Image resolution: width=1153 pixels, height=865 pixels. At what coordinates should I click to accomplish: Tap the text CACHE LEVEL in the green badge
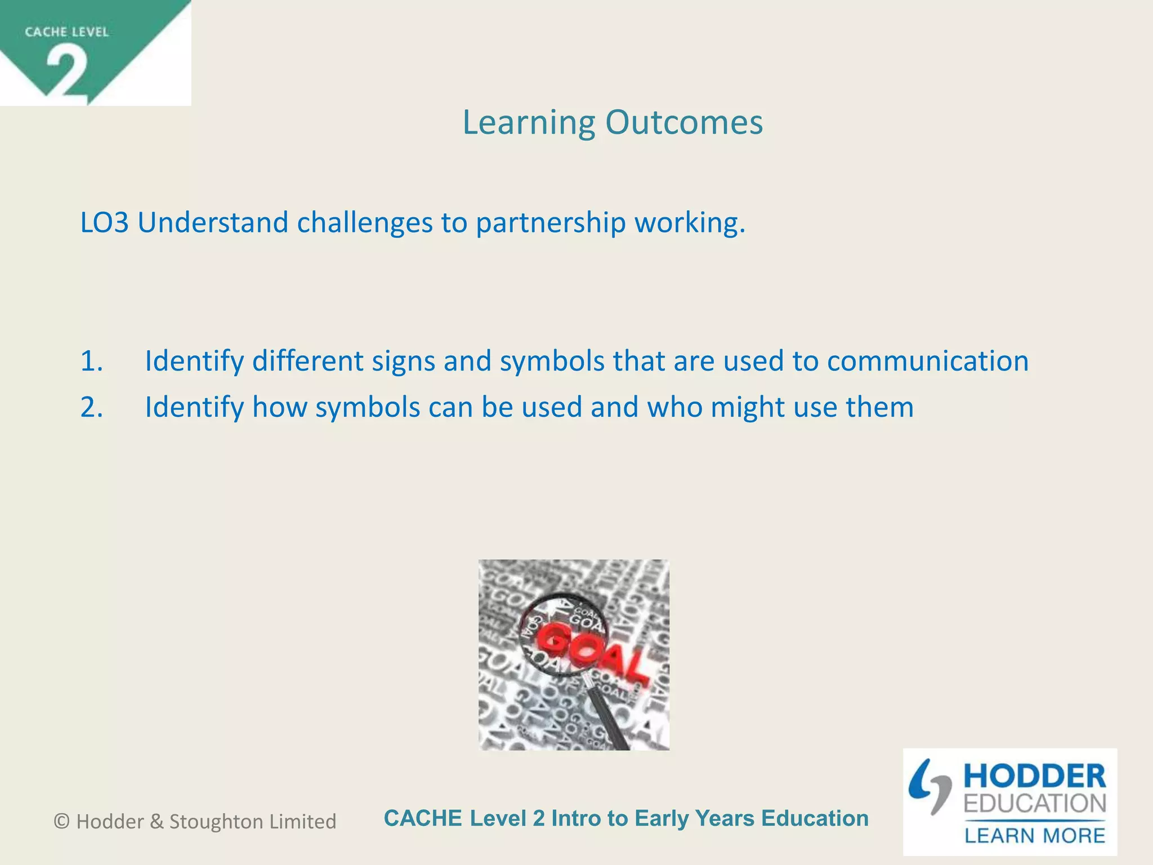point(66,32)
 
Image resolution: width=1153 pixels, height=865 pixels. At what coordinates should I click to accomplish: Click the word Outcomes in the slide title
point(684,122)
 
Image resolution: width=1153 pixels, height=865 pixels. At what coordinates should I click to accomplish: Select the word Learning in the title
point(528,122)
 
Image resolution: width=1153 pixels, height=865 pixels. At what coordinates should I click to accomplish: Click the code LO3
point(105,222)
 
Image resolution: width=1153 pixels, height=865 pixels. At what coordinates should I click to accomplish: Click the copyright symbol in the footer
point(61,822)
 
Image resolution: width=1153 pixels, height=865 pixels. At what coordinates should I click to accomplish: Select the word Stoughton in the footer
point(216,822)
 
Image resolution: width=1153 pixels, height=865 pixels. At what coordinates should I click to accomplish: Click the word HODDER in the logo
point(1034,777)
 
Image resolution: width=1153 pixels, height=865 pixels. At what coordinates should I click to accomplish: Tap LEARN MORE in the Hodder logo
point(1034,835)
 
